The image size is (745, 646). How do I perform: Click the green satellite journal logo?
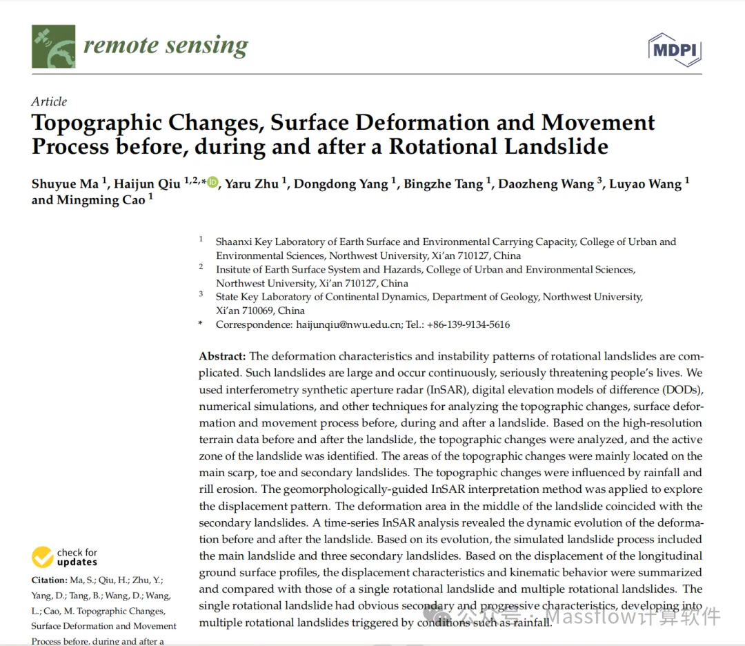[52, 47]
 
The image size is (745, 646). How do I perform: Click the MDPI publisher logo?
[675, 50]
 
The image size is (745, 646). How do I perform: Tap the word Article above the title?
[49, 101]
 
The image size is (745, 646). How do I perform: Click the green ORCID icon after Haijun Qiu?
[212, 183]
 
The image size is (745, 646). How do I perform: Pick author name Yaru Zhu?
[251, 184]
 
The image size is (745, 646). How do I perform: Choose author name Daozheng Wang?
[546, 184]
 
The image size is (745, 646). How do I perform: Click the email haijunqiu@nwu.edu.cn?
[349, 324]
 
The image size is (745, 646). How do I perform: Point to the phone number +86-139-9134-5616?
[469, 324]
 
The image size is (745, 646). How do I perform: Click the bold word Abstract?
[222, 356]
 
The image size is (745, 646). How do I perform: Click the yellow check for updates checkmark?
[43, 556]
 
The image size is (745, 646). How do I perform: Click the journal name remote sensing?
[166, 46]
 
